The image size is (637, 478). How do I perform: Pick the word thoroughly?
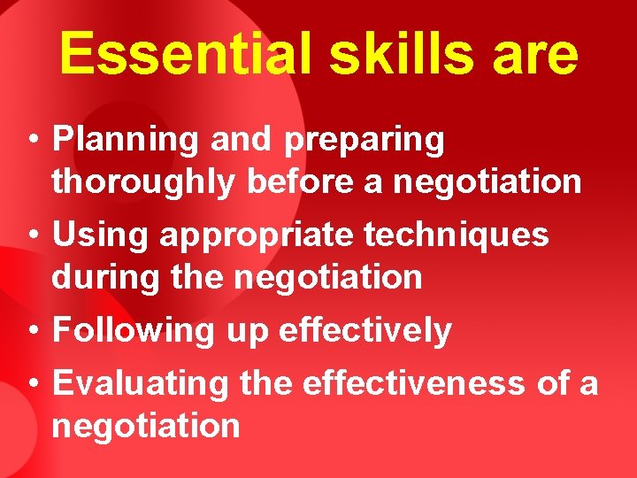144,182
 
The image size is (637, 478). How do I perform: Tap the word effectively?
365,330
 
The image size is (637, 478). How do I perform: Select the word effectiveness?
415,383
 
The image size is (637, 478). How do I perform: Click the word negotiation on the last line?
146,427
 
